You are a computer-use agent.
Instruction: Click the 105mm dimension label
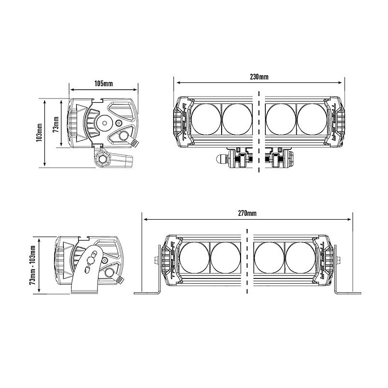[103, 83]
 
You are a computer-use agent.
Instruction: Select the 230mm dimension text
[259, 77]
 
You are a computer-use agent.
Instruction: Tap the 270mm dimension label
[247, 213]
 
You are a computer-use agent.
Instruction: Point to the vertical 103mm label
[39, 132]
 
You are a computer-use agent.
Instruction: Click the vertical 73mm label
[56, 125]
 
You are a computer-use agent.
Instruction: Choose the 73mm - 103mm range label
[32, 265]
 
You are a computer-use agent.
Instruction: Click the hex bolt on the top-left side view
[102, 159]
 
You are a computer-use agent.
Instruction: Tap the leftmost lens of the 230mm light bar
[206, 119]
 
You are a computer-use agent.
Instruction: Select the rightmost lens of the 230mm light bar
[312, 119]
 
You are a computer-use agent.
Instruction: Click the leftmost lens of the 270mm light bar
[194, 258]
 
